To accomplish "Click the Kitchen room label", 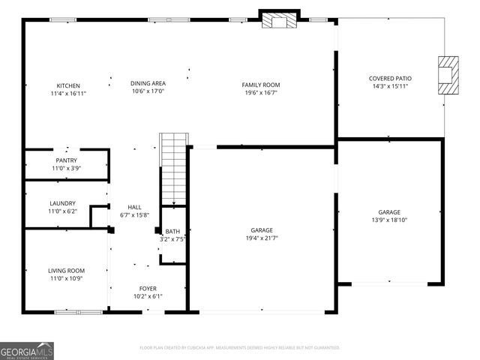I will coord(68,85).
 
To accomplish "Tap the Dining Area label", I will coord(148,82).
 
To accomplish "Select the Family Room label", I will coord(260,85).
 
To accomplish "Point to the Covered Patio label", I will coord(389,78).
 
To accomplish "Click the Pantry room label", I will coord(66,160).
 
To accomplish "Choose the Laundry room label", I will coord(62,203).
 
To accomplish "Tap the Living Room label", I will coord(66,270).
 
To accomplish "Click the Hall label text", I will coord(134,207).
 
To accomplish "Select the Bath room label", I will coord(172,231).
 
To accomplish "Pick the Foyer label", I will coord(148,288).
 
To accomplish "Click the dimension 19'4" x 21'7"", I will coord(261,238).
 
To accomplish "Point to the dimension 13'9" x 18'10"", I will coord(389,221).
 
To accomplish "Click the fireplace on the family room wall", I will coord(280,20).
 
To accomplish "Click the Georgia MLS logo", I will coord(27,350).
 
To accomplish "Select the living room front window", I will coord(78,311).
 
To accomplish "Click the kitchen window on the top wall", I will coord(60,19).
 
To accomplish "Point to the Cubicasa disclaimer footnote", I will coord(240,347).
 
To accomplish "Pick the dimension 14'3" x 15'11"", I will coord(389,86).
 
